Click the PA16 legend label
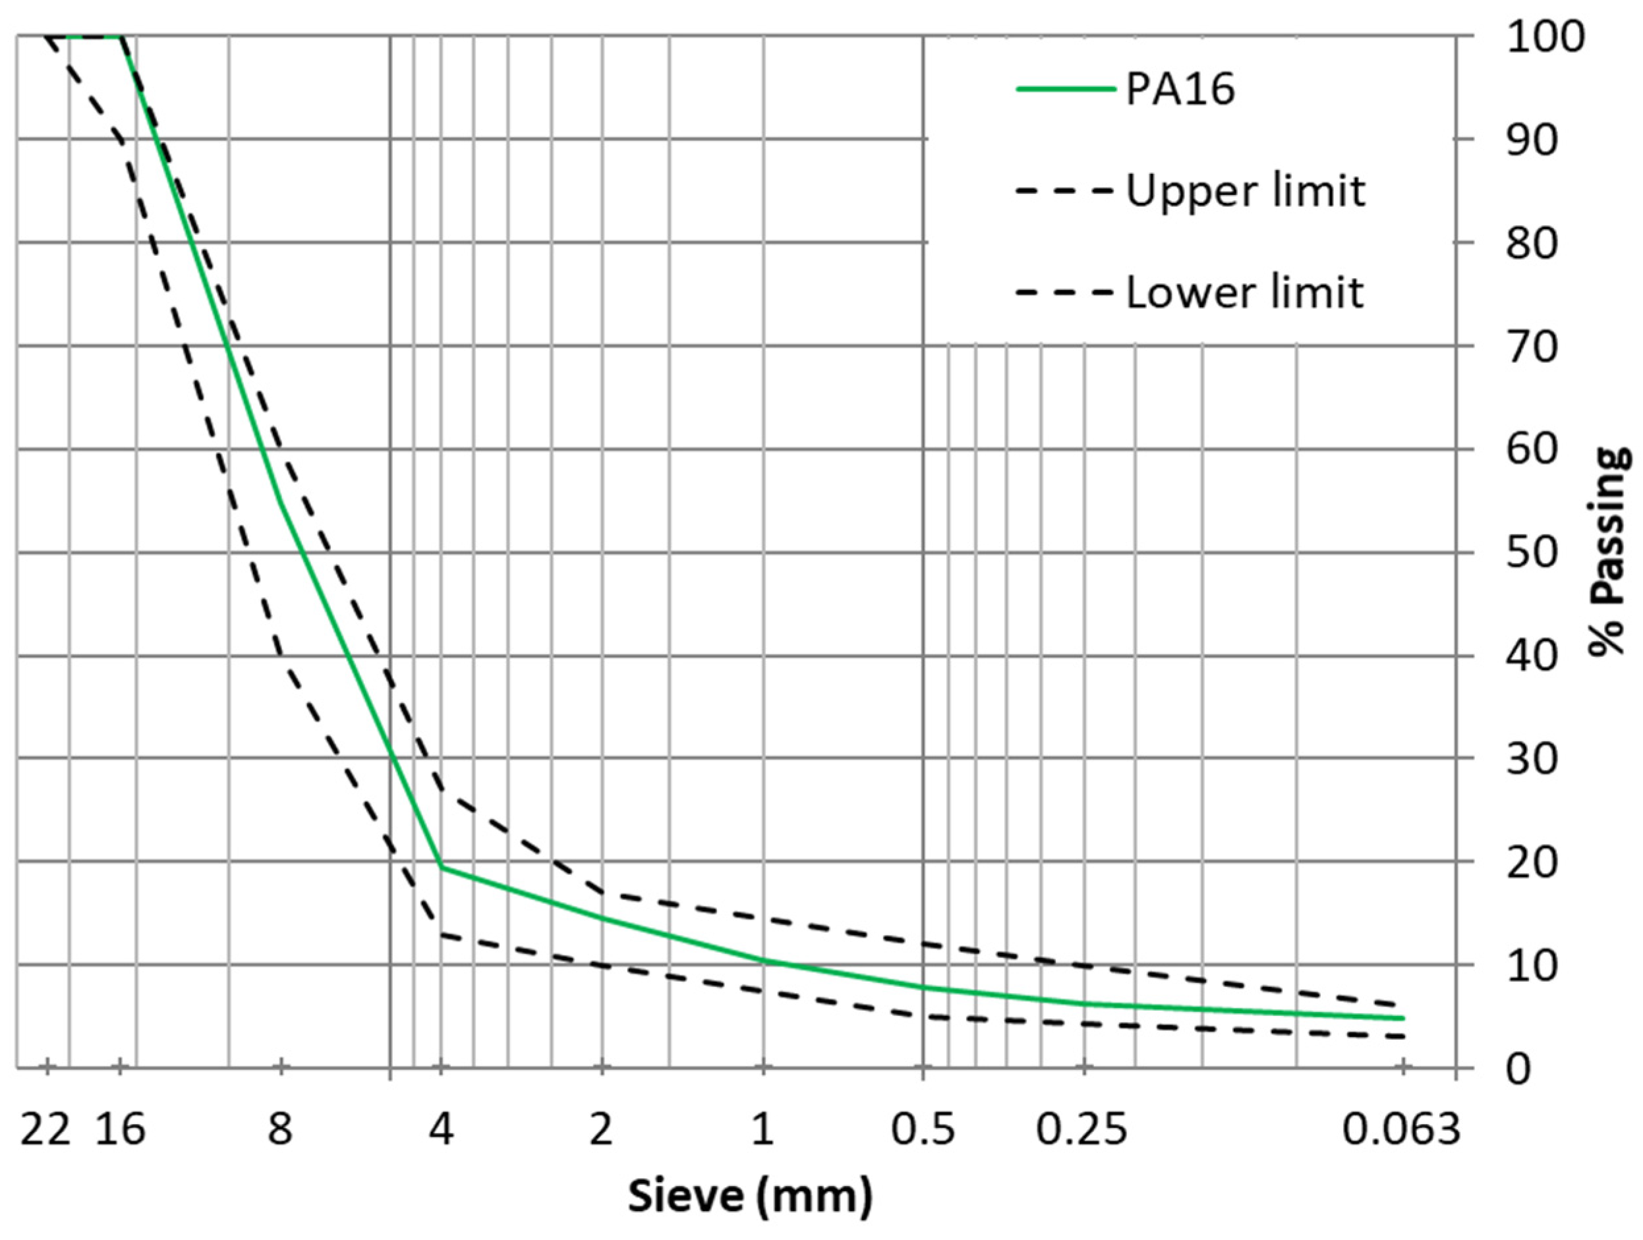[x=1180, y=90]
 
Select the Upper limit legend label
[x=1246, y=191]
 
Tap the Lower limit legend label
[x=1245, y=293]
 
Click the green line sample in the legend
[x=1066, y=89]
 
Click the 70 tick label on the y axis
[x=1532, y=347]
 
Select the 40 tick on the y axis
[x=1532, y=656]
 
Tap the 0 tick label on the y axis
[x=1519, y=1070]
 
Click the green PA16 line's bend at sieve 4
[x=441, y=866]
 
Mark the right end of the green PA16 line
[x=1403, y=1018]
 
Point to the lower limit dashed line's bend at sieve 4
[x=441, y=934]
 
